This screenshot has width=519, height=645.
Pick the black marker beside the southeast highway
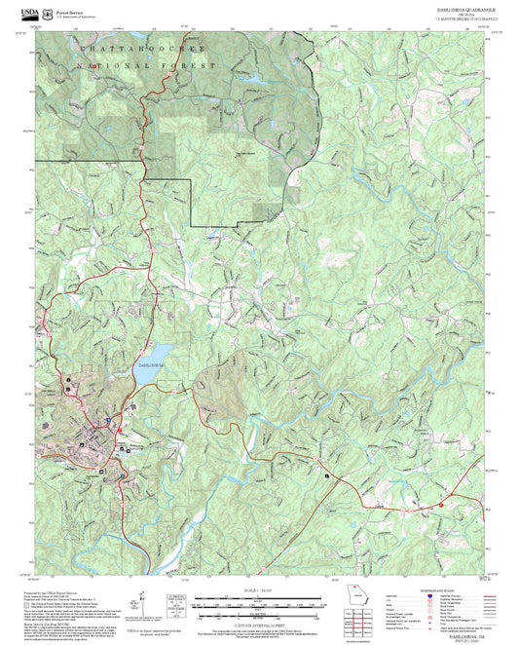pos(328,474)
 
